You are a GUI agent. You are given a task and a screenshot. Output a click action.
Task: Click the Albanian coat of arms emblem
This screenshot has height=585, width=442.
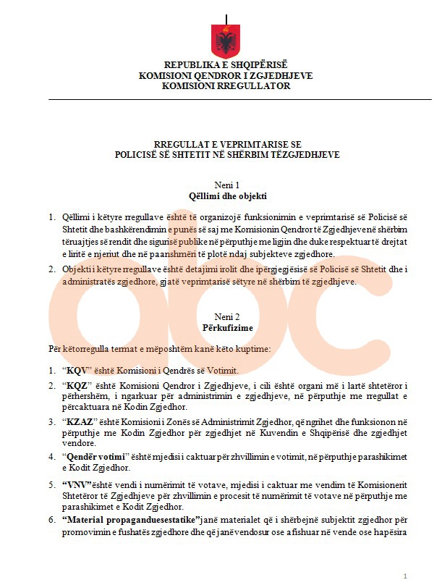coord(226,42)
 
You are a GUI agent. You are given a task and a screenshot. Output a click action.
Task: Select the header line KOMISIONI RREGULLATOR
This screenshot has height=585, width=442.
coord(226,85)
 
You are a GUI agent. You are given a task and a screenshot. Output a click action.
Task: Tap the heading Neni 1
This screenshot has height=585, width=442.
coord(226,185)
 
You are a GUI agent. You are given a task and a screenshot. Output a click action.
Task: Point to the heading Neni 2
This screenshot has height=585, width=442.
coord(226,316)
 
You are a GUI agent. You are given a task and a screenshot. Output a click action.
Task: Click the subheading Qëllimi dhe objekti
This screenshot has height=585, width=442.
coord(226,195)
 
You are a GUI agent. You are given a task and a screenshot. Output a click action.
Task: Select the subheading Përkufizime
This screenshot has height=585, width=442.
coord(226,327)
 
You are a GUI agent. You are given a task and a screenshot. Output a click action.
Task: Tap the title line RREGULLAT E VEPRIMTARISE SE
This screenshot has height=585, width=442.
coord(226,144)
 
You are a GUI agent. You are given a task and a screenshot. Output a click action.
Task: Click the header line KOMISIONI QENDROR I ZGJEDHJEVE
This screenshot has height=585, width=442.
coord(226,75)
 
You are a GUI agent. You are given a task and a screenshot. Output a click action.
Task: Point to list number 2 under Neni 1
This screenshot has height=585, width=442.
coord(51,270)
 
